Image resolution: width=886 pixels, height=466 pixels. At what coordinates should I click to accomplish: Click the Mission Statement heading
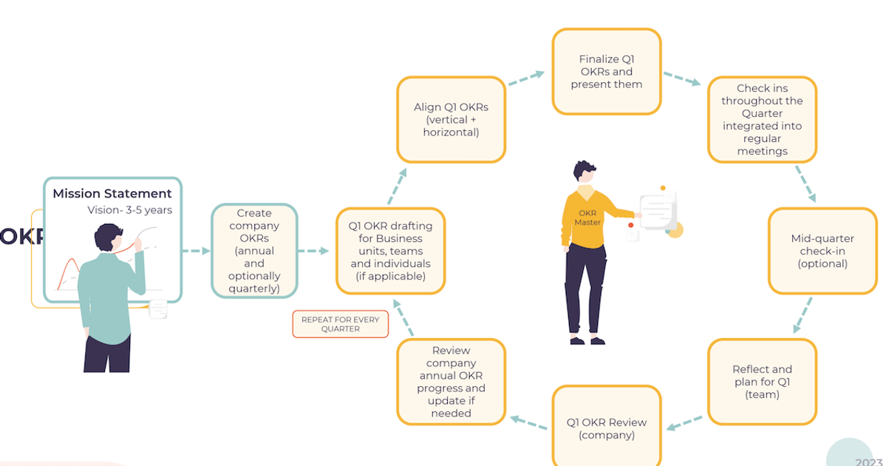pyautogui.click(x=112, y=194)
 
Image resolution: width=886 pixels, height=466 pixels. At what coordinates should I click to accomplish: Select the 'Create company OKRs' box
pyautogui.click(x=254, y=251)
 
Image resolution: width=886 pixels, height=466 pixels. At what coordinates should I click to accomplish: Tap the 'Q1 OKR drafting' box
pyautogui.click(x=390, y=251)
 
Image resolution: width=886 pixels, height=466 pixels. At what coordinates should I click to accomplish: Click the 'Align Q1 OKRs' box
pyautogui.click(x=451, y=119)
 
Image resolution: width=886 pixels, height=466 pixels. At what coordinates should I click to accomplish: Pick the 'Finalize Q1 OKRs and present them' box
pyautogui.click(x=606, y=72)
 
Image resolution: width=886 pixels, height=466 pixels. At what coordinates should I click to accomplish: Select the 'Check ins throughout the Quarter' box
pyautogui.click(x=762, y=119)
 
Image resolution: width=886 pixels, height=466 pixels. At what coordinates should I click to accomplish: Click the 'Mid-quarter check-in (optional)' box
pyautogui.click(x=822, y=251)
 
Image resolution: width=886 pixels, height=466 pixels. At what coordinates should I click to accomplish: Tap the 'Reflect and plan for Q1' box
pyautogui.click(x=762, y=382)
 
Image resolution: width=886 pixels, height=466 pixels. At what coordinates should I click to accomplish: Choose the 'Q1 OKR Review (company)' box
pyautogui.click(x=606, y=428)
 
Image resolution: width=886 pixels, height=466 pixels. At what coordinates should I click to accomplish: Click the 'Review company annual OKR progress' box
pyautogui.click(x=451, y=382)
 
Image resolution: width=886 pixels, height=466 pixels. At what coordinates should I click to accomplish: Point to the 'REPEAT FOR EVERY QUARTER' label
pyautogui.click(x=340, y=324)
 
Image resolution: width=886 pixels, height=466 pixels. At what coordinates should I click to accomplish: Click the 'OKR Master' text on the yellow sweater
pyautogui.click(x=589, y=217)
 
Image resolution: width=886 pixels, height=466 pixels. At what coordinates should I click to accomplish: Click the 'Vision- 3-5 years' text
pyautogui.click(x=129, y=210)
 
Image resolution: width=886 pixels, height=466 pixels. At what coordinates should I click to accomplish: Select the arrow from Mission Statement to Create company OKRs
pyautogui.click(x=196, y=251)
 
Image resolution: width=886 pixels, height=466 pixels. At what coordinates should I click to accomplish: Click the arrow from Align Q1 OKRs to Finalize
pyautogui.click(x=526, y=78)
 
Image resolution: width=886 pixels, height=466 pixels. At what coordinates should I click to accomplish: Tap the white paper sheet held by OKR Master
pyautogui.click(x=657, y=210)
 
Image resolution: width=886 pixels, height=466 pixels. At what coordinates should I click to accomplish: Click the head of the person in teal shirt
pyautogui.click(x=110, y=237)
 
